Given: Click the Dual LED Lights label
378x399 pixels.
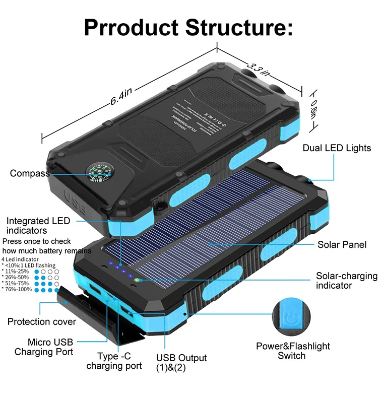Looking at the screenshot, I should coord(337,148).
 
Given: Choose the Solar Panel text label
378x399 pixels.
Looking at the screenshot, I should coord(342,245).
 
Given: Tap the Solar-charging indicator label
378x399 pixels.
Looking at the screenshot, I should coord(346,281).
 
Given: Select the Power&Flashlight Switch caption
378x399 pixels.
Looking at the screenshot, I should coord(293,351).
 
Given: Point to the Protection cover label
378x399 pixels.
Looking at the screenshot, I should coord(42,321).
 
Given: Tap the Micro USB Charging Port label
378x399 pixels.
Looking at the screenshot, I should coord(43,347).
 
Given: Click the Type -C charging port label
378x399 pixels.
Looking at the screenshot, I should coord(113,361).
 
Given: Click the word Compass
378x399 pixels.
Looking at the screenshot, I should coord(30,174).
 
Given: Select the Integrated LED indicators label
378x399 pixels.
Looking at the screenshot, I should coord(38,226).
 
